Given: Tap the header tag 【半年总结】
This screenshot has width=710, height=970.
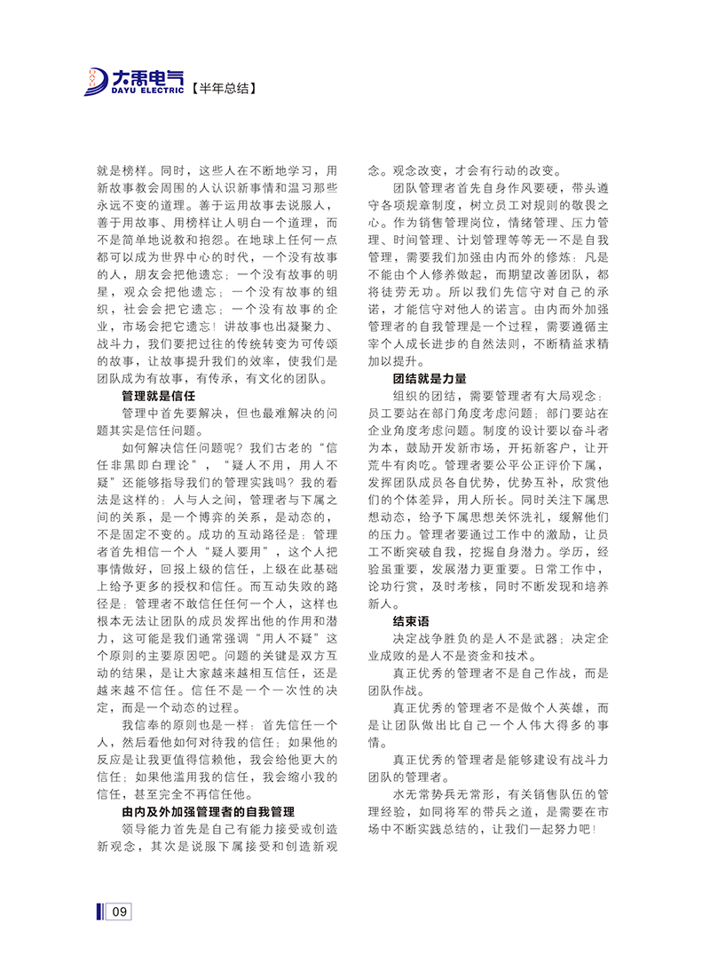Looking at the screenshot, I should tap(225, 89).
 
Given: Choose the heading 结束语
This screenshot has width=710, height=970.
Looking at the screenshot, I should tap(414, 621).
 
